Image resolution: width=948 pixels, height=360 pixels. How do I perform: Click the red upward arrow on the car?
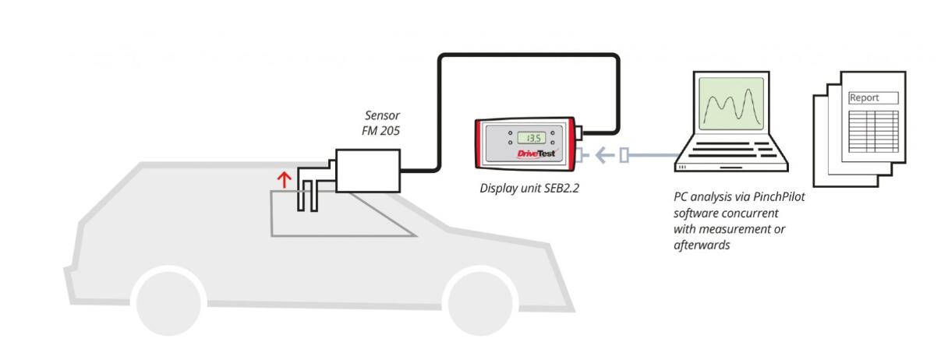tap(285, 180)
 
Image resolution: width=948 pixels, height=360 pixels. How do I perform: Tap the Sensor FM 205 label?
tap(382, 124)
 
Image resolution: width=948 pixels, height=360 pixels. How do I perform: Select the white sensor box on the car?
tap(368, 170)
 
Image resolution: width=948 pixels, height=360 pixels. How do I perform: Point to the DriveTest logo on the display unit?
tap(537, 154)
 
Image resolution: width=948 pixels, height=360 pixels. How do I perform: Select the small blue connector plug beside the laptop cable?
tap(624, 157)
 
